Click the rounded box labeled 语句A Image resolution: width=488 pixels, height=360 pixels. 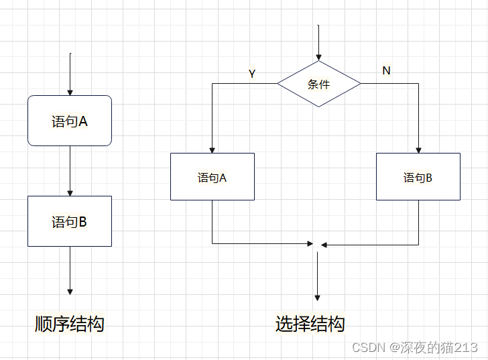(69, 121)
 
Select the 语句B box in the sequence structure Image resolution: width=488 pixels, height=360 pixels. (69, 221)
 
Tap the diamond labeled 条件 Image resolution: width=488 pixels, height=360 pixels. (318, 84)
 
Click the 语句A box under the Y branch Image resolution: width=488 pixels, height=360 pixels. (212, 176)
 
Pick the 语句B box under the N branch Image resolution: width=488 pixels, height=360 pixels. (418, 177)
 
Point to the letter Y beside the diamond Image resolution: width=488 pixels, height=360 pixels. (252, 74)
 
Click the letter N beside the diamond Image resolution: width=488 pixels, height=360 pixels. (386, 70)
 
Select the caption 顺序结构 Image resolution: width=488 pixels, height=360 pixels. (69, 324)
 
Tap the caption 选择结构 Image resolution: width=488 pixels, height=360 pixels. (310, 324)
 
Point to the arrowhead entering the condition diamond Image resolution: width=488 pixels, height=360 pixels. (318, 58)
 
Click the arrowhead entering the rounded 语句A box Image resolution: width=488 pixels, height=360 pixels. (70, 93)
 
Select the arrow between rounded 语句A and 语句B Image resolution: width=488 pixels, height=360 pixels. (70, 170)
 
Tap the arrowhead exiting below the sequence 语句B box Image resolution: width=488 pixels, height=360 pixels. (70, 291)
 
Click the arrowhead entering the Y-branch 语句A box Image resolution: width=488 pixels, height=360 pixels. (212, 149)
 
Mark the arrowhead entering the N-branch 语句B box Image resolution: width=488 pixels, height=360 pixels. (418, 149)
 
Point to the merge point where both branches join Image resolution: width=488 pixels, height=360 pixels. (317, 244)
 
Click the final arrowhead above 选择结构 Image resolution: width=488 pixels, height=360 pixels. (317, 297)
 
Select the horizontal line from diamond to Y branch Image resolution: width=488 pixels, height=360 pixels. (245, 83)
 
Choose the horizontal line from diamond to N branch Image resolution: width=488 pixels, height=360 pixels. (389, 83)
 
